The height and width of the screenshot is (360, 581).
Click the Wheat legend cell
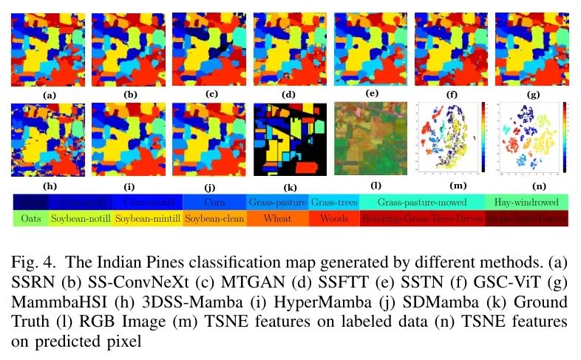click(x=278, y=219)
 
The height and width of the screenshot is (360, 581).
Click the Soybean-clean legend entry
click(x=214, y=219)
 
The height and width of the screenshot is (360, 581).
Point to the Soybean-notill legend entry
click(x=81, y=219)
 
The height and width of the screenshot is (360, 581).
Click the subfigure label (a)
click(x=49, y=96)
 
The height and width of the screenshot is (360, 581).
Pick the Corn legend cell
click(x=214, y=201)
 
